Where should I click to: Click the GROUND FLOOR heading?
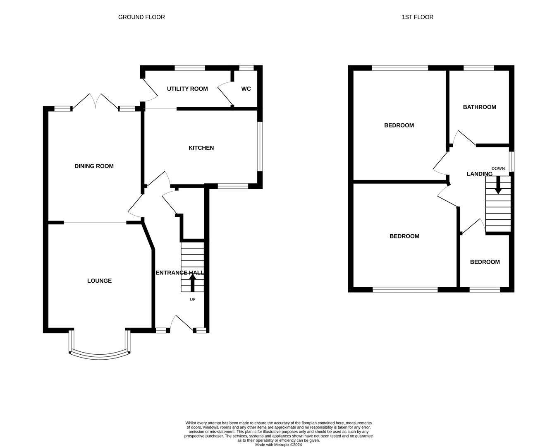(141, 17)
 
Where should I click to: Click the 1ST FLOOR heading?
(418, 17)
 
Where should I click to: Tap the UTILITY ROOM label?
(187, 89)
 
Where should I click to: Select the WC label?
(246, 89)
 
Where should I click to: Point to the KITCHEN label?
(201, 148)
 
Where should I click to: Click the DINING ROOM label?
(94, 166)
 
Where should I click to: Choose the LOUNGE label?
(99, 281)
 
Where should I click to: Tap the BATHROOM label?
(479, 107)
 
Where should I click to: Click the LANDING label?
(479, 174)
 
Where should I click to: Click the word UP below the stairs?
(193, 300)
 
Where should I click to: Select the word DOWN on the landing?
(498, 168)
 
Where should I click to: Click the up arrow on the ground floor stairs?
(192, 283)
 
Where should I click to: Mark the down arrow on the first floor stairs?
(498, 185)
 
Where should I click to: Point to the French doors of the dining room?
(96, 101)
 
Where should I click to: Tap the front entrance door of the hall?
(182, 324)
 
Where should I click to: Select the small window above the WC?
(246, 68)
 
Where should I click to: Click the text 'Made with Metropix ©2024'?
(279, 445)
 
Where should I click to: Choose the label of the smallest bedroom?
(485, 262)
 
